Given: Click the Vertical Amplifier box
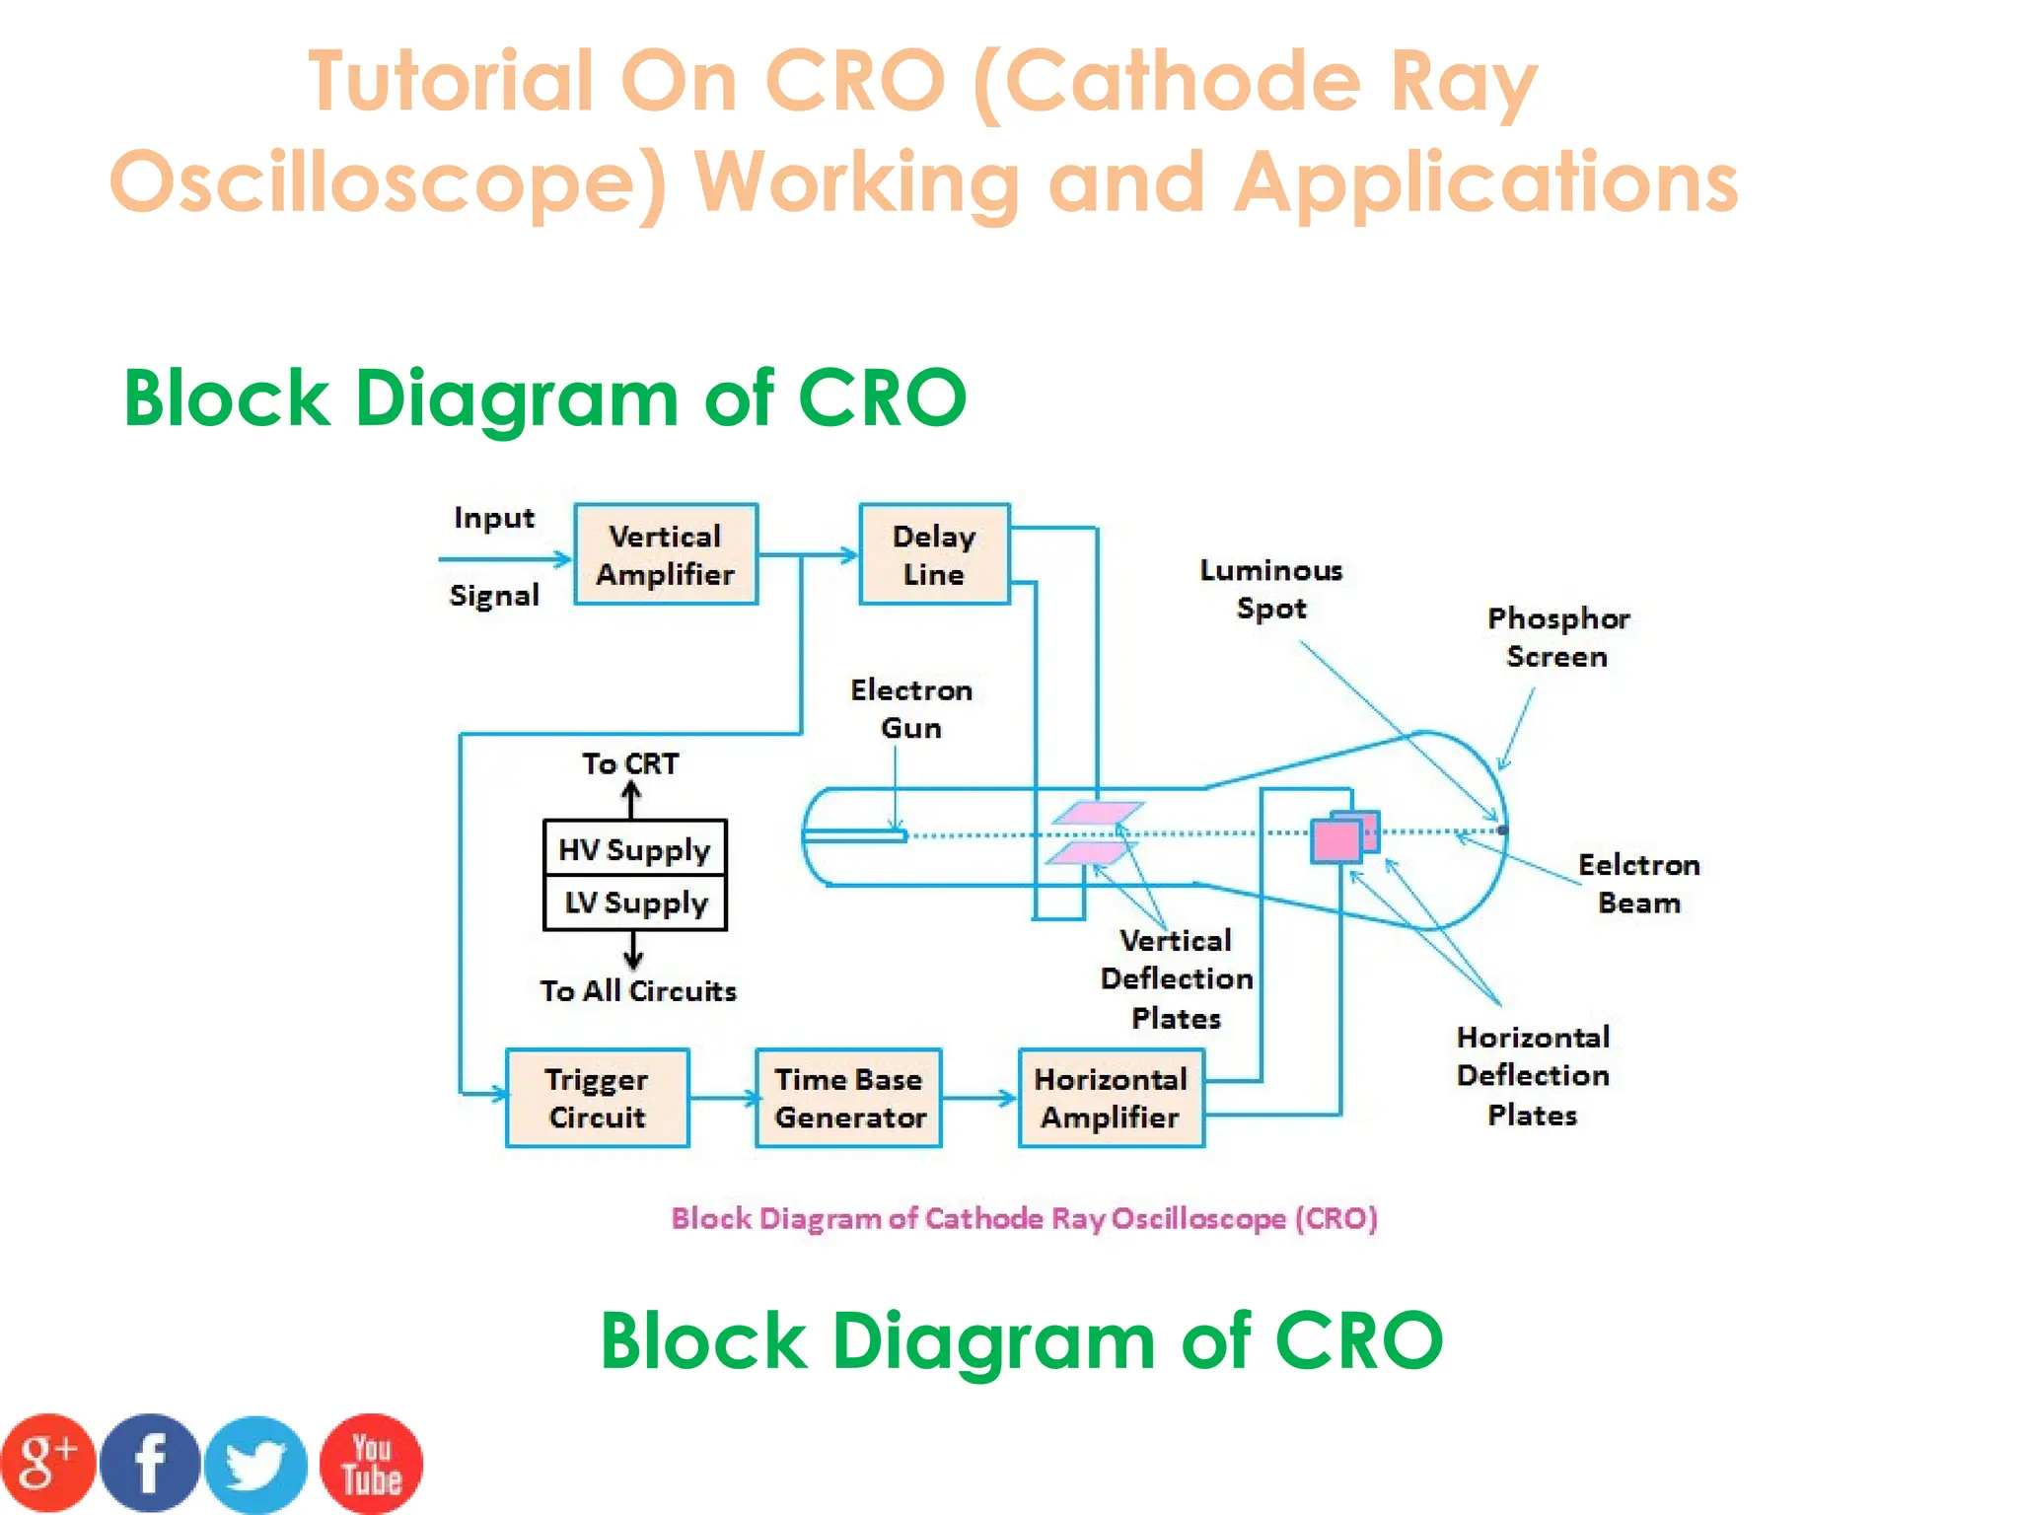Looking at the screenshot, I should [x=666, y=554].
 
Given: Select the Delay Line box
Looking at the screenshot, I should [x=934, y=554].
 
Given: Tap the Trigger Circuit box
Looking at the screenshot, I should [x=597, y=1098].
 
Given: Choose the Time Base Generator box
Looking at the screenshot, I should [x=848, y=1098].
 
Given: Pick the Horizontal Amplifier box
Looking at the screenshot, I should [x=1111, y=1098].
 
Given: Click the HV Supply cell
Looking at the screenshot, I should [x=634, y=848].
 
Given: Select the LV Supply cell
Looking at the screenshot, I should [x=634, y=902].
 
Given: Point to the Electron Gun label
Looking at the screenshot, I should [x=910, y=708].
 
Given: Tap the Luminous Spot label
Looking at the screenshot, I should [x=1270, y=589].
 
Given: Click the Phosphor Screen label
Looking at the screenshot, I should [x=1557, y=637].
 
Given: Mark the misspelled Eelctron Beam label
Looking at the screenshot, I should [x=1638, y=883].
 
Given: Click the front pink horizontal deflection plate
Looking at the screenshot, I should [x=1335, y=841].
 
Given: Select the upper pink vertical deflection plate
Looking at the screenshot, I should [x=1098, y=813].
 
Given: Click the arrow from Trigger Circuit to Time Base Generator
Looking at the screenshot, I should [x=722, y=1098].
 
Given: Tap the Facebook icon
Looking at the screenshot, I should [x=150, y=1463].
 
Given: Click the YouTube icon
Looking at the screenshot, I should [x=371, y=1463].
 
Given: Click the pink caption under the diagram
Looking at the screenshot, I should [x=1024, y=1218].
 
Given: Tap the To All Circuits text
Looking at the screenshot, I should [x=638, y=990].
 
